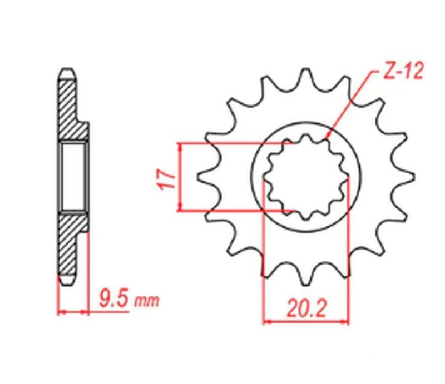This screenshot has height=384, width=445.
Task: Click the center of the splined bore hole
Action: tap(305, 177)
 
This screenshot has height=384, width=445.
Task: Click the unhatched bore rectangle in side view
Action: tap(73, 177)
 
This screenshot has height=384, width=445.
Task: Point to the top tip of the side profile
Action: tap(66, 71)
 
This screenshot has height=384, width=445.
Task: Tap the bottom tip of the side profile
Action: tap(66, 281)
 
